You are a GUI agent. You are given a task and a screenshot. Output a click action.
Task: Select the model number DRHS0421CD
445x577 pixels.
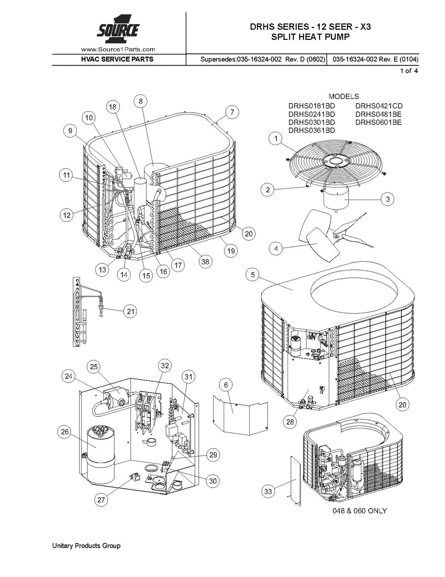[x=379, y=106]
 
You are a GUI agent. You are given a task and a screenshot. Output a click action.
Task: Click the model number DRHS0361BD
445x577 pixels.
[x=312, y=130]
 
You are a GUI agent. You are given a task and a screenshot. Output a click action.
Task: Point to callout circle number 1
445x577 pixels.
[x=276, y=139]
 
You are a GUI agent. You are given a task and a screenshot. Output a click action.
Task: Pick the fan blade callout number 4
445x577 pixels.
[x=276, y=249]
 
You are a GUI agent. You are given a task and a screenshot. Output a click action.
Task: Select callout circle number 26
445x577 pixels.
[x=64, y=432]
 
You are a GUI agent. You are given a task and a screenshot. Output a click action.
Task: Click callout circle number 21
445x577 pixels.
[x=130, y=312]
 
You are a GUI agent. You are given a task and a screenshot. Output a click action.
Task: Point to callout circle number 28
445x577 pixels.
[x=289, y=422]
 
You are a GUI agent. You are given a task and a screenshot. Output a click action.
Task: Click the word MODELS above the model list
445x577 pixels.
[x=343, y=97]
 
